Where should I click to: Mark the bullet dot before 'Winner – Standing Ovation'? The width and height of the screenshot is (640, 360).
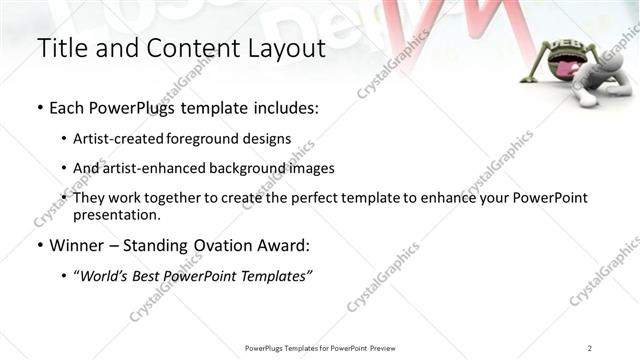[39, 246]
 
